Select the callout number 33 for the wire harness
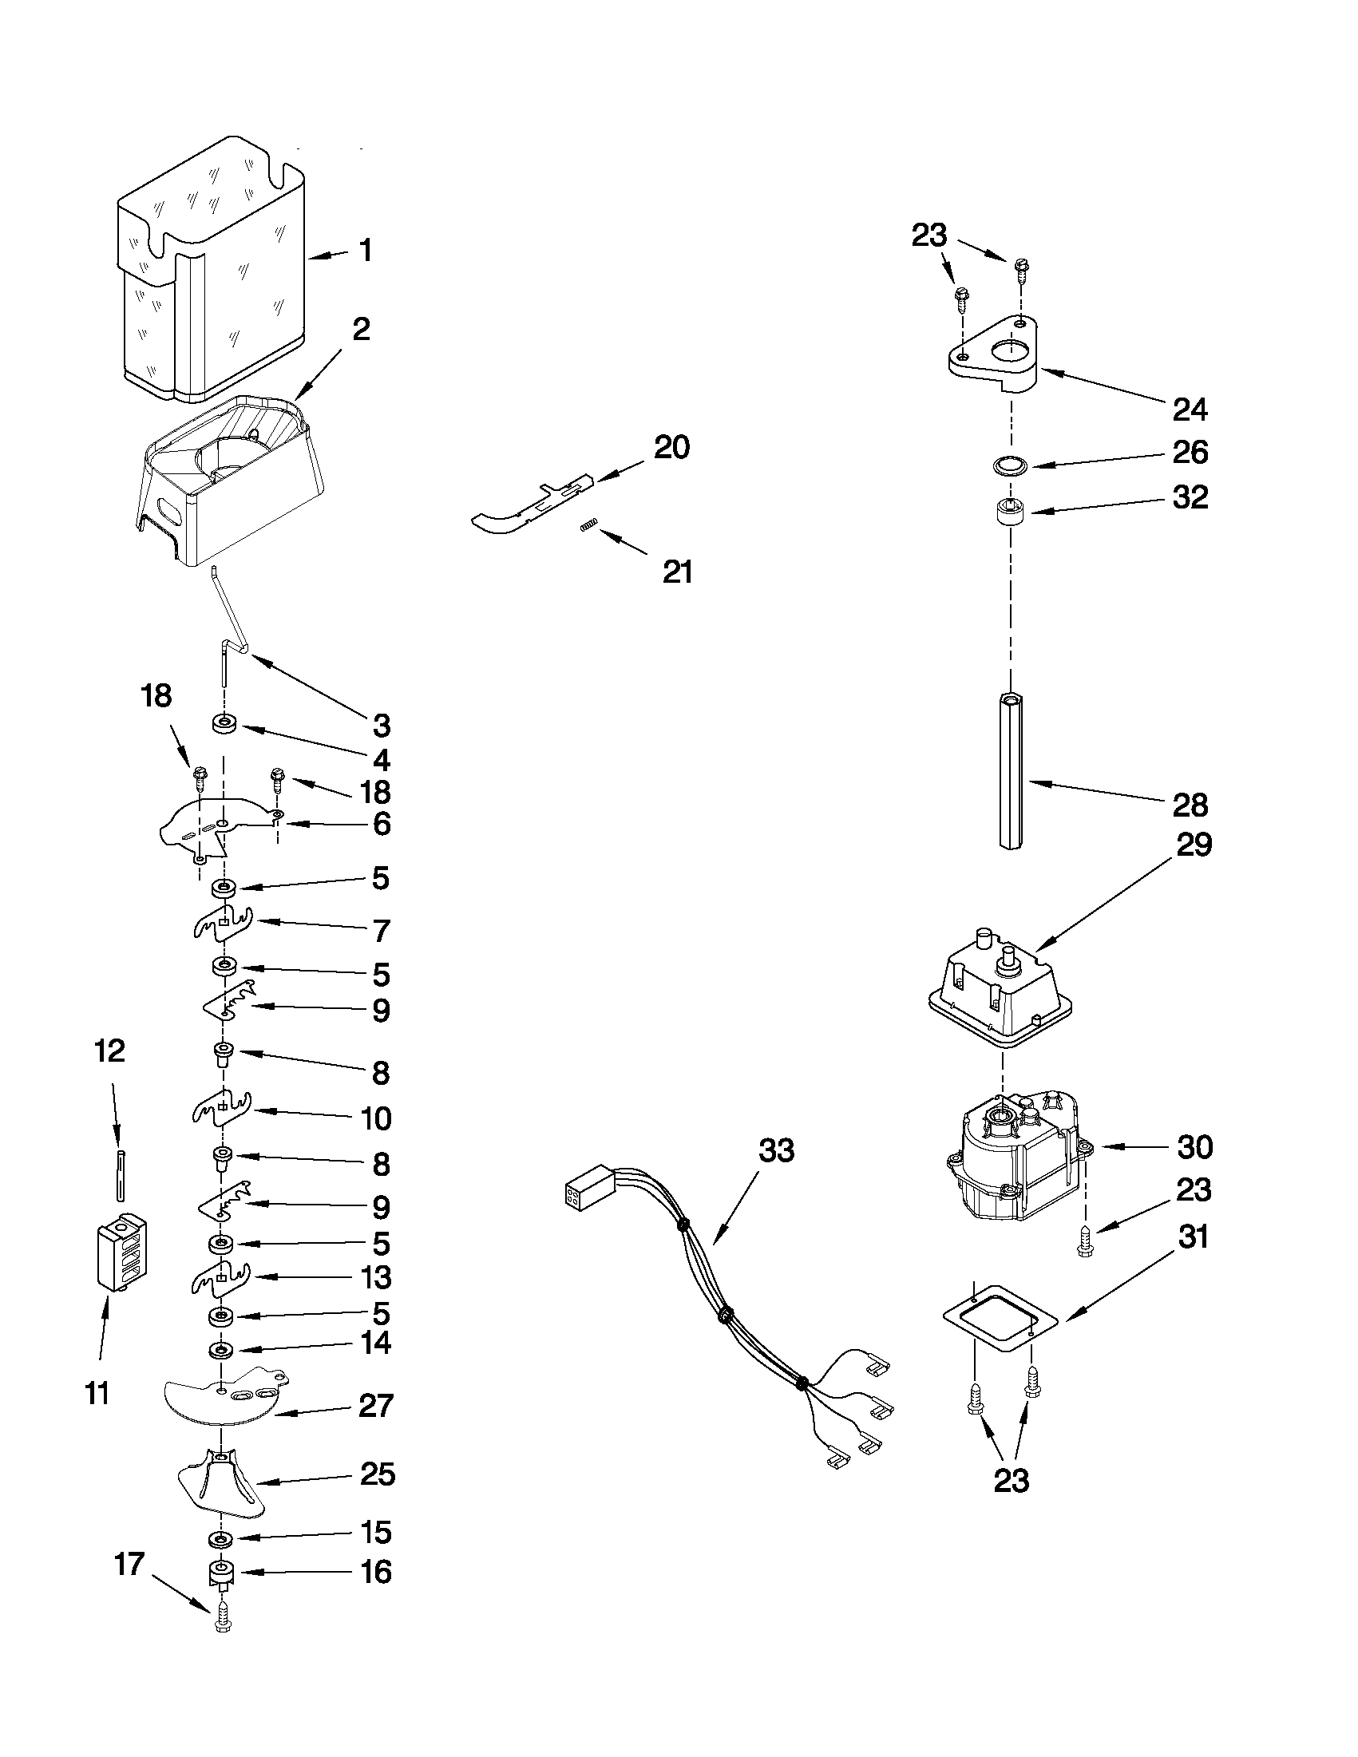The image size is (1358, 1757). click(776, 1151)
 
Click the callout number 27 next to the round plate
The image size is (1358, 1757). click(376, 1406)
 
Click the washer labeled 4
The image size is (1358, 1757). click(224, 725)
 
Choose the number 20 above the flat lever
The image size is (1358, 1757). click(671, 447)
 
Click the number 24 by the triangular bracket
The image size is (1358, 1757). click(1190, 410)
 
